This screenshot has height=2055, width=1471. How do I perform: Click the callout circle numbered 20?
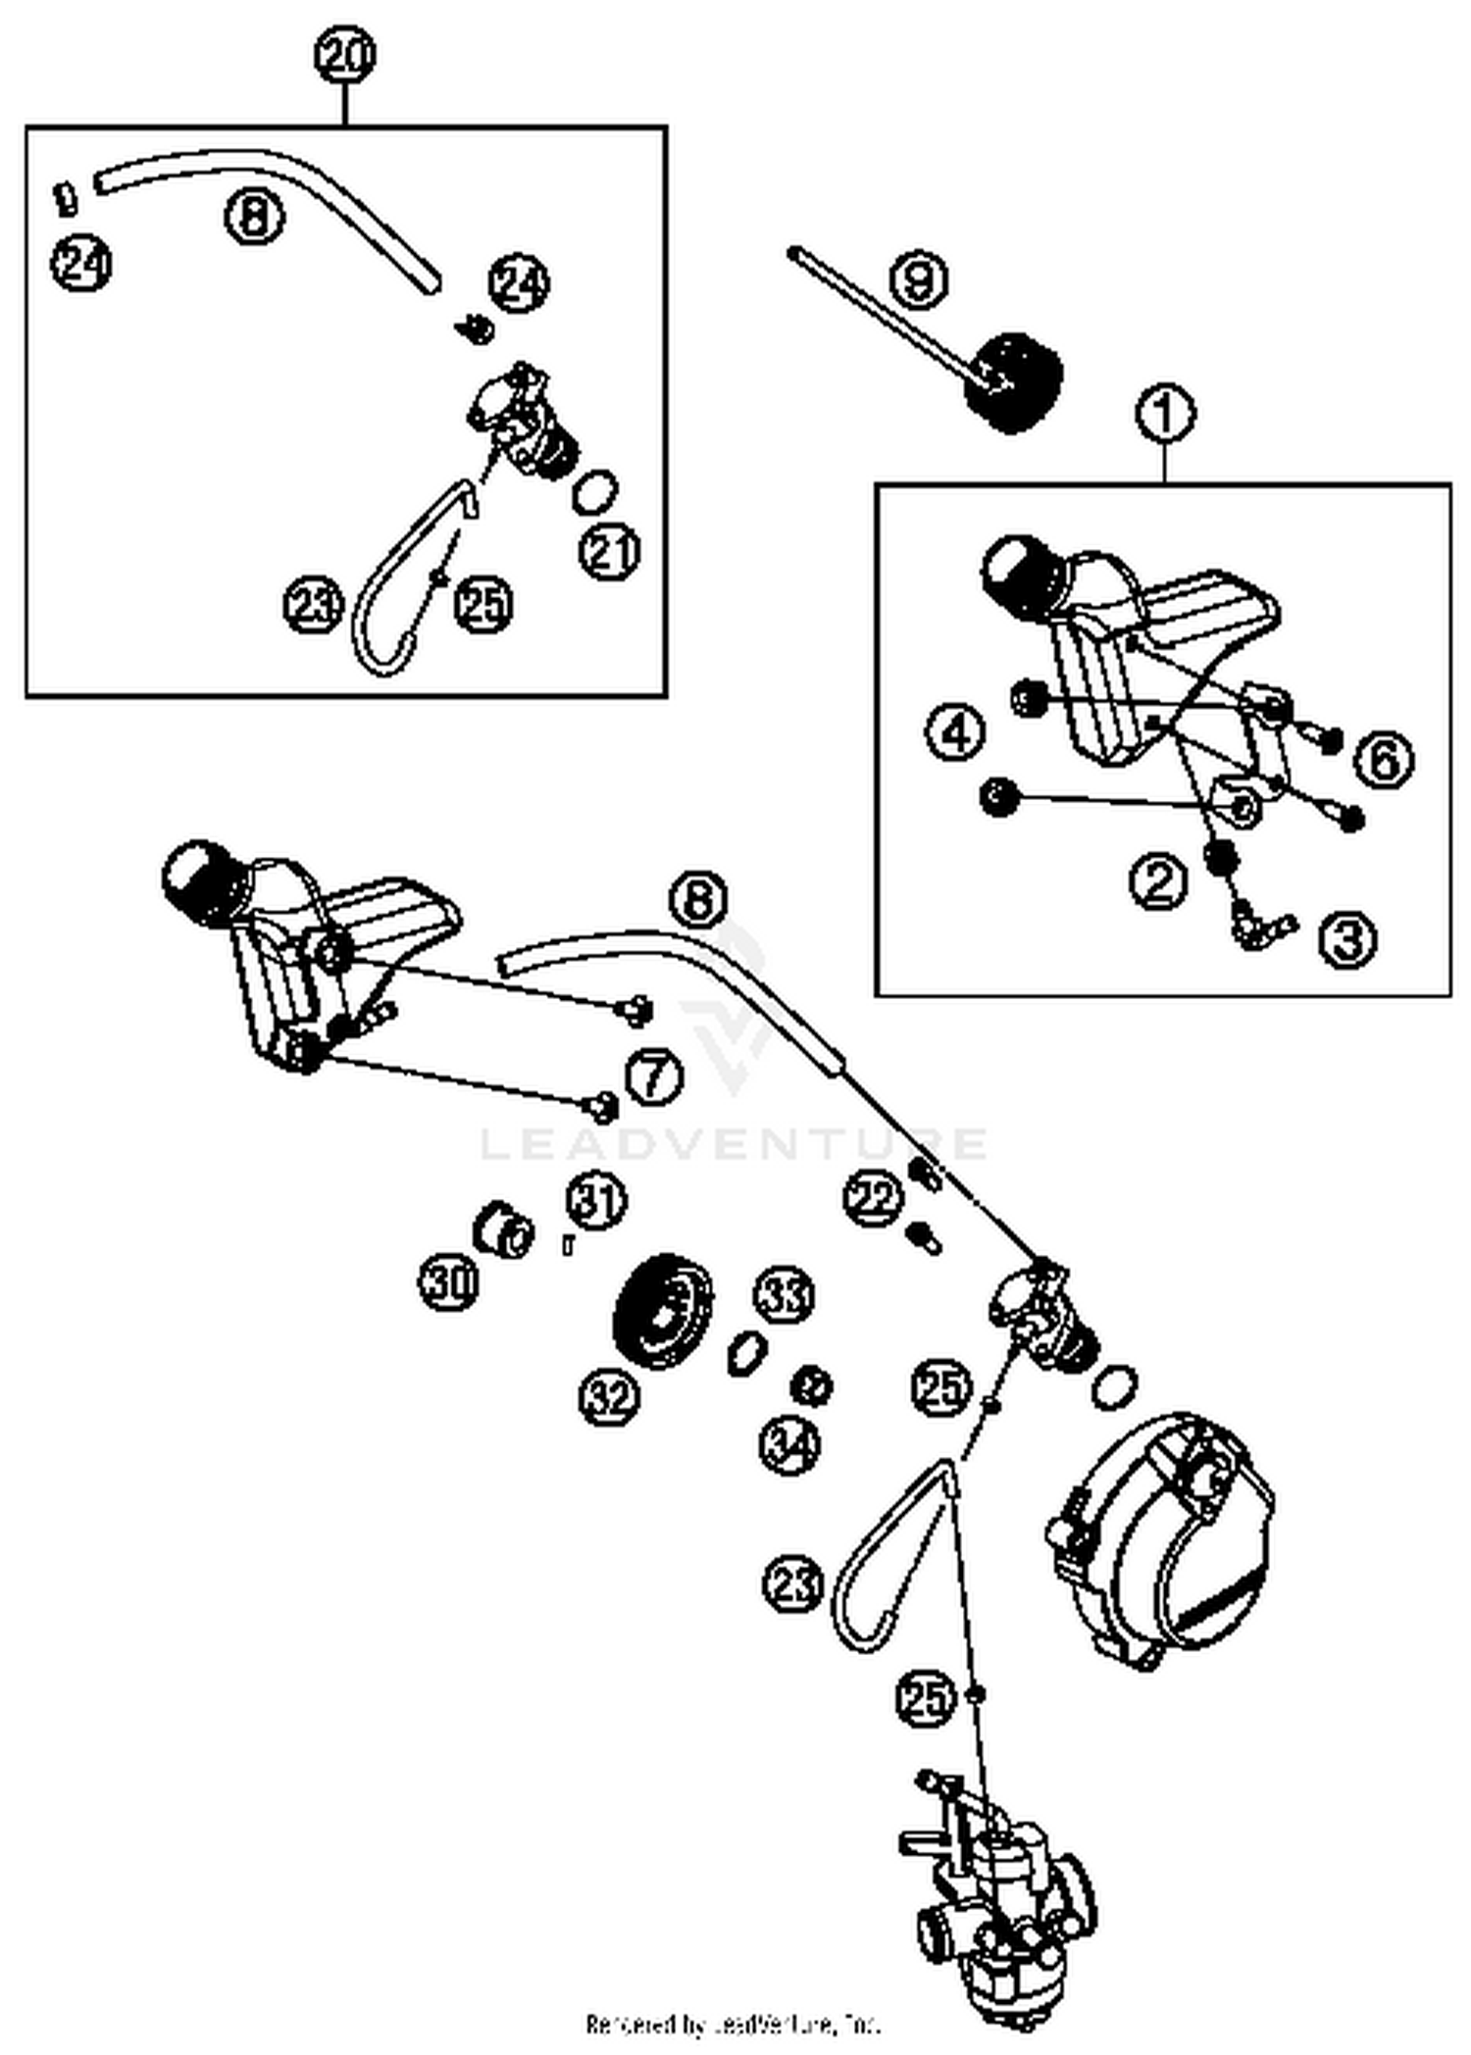pos(345,55)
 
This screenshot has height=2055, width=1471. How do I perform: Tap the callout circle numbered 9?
pos(919,279)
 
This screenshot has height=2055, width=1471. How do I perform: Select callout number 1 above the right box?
pos(1165,415)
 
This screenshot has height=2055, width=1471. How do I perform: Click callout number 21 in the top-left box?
pos(610,552)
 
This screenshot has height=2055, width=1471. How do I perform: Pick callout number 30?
pos(450,1281)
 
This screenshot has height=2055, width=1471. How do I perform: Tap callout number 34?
pos(790,1445)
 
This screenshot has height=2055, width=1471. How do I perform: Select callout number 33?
pos(785,1295)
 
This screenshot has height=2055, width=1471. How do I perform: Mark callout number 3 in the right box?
pos(1347,938)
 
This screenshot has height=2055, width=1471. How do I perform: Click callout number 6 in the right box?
pos(1385,759)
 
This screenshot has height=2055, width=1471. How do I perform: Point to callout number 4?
pos(956,731)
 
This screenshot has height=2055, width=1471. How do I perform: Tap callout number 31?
pos(596,1201)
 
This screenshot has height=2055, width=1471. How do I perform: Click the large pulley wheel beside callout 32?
pos(662,1312)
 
